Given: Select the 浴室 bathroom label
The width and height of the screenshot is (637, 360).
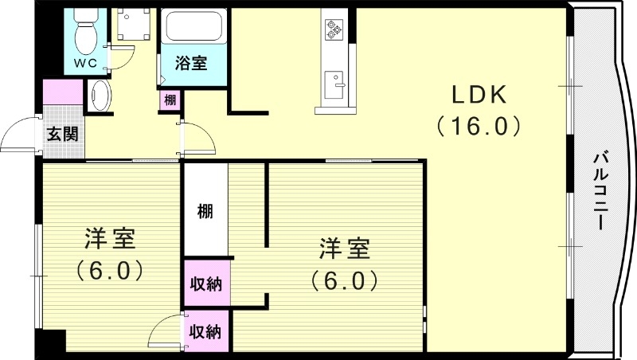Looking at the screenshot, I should [191, 63].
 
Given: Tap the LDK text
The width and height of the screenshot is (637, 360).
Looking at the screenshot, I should [479, 95].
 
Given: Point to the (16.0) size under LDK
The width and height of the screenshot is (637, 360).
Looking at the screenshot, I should [479, 126].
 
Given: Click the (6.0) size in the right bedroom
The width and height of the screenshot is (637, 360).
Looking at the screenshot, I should [343, 280].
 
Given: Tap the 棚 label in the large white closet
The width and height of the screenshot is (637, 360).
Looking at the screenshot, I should [205, 212].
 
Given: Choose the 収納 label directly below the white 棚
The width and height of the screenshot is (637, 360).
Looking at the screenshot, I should [205, 283].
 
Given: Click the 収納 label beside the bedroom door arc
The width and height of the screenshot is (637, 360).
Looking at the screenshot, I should [205, 331].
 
